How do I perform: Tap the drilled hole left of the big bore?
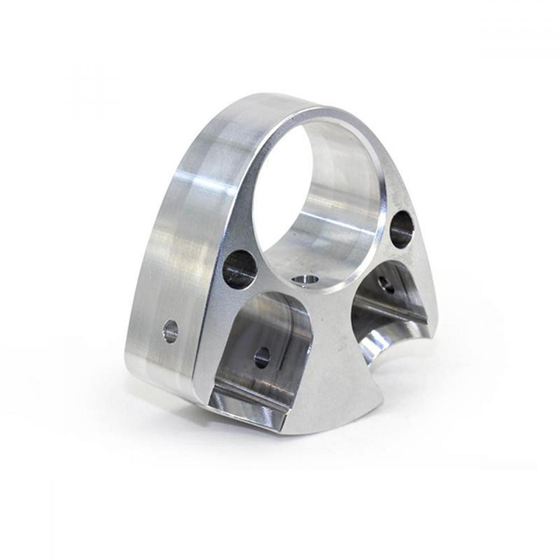point(240,267)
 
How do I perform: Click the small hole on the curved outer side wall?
point(170,331)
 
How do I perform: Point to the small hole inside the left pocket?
point(262,357)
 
